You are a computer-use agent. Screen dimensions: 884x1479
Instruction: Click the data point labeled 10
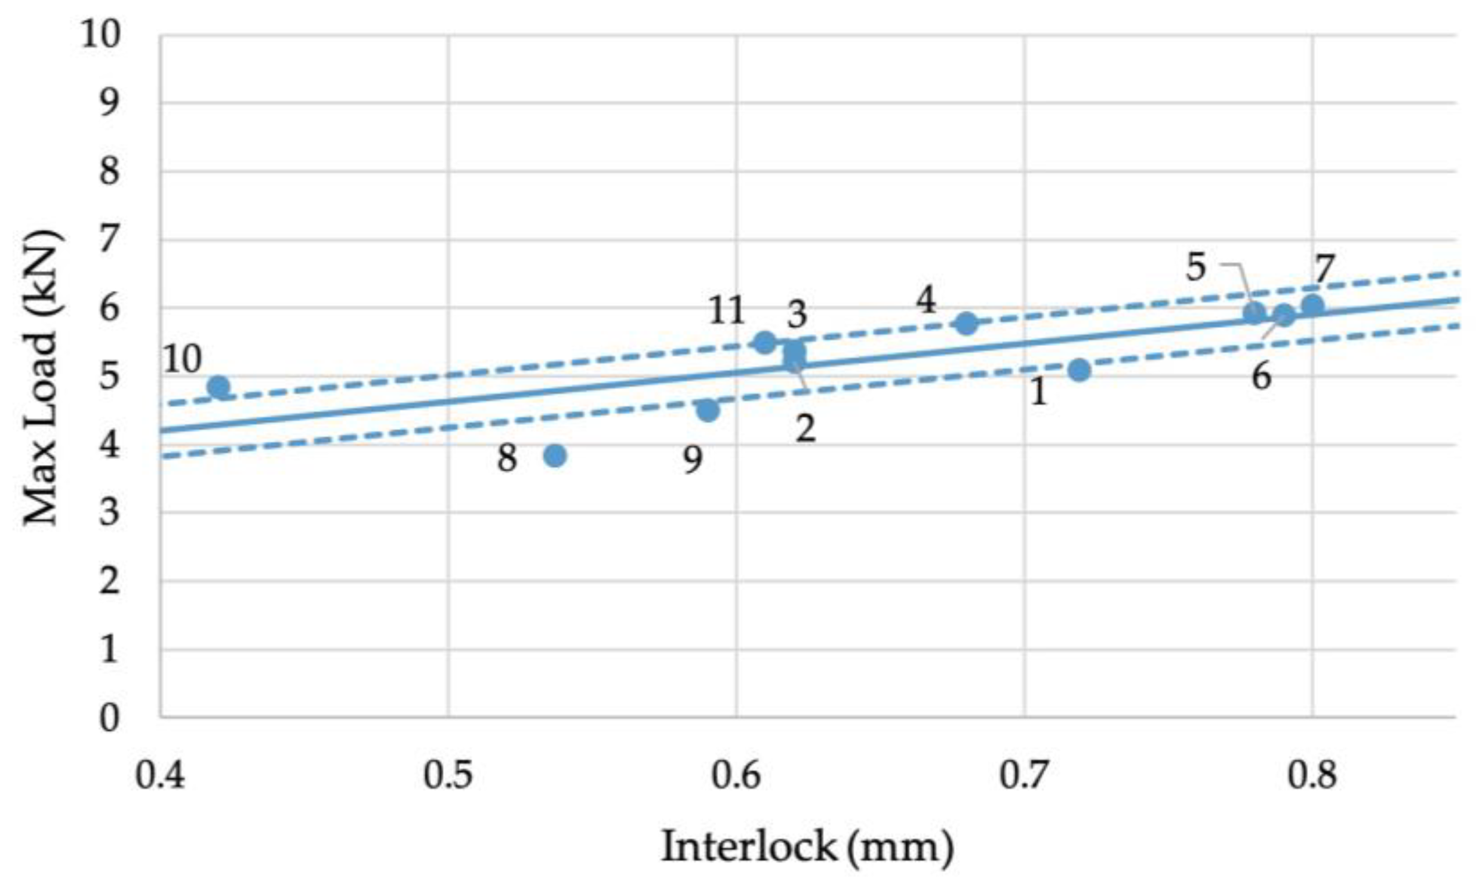click(x=219, y=387)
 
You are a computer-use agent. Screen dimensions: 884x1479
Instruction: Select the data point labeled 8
click(x=555, y=456)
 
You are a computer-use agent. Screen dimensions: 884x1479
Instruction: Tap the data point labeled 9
click(x=708, y=410)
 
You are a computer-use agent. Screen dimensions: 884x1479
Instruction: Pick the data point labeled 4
click(x=967, y=324)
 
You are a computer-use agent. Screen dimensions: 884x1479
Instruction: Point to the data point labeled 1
click(x=1079, y=370)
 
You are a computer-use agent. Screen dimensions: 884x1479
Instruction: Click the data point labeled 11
click(x=765, y=342)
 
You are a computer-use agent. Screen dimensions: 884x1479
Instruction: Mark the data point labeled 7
click(x=1312, y=306)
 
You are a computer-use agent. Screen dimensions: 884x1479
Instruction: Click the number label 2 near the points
click(x=805, y=428)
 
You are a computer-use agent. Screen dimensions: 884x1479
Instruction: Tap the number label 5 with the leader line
click(x=1196, y=267)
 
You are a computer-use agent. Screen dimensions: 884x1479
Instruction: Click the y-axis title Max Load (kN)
click(x=42, y=378)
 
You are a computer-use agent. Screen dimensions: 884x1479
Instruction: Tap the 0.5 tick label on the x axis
click(x=448, y=775)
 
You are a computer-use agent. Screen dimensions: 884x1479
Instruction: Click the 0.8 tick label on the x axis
click(x=1312, y=775)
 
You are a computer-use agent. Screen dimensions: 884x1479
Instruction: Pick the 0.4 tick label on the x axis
click(x=160, y=775)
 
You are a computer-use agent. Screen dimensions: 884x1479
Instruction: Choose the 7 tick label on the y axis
click(x=109, y=241)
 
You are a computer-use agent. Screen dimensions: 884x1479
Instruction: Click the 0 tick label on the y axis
click(x=109, y=718)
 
